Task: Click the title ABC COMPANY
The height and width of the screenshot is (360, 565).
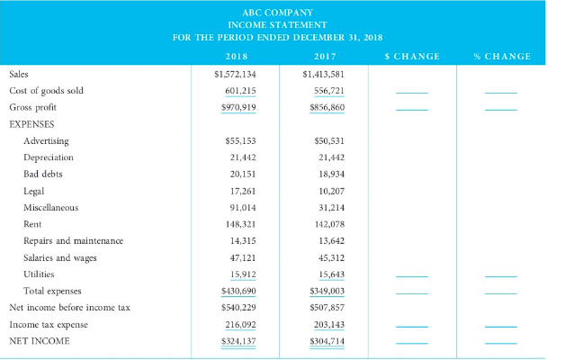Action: point(282,13)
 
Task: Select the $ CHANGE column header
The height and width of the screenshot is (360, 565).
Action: point(411,57)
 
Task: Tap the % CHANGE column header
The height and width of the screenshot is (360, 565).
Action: point(501,57)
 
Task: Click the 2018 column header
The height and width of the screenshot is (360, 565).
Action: point(236,57)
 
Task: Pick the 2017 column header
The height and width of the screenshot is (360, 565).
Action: point(324,57)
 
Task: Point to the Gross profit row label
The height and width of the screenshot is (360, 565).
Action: point(33,107)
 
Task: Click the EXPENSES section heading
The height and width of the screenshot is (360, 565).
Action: point(32,124)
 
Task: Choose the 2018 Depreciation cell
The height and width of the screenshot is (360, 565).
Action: point(239,157)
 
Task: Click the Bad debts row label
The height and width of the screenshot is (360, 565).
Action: point(42,174)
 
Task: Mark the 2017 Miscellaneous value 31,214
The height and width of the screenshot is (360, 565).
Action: point(328,207)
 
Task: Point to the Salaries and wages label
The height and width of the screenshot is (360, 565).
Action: point(60,257)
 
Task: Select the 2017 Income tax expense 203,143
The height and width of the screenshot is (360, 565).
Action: point(326,324)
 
